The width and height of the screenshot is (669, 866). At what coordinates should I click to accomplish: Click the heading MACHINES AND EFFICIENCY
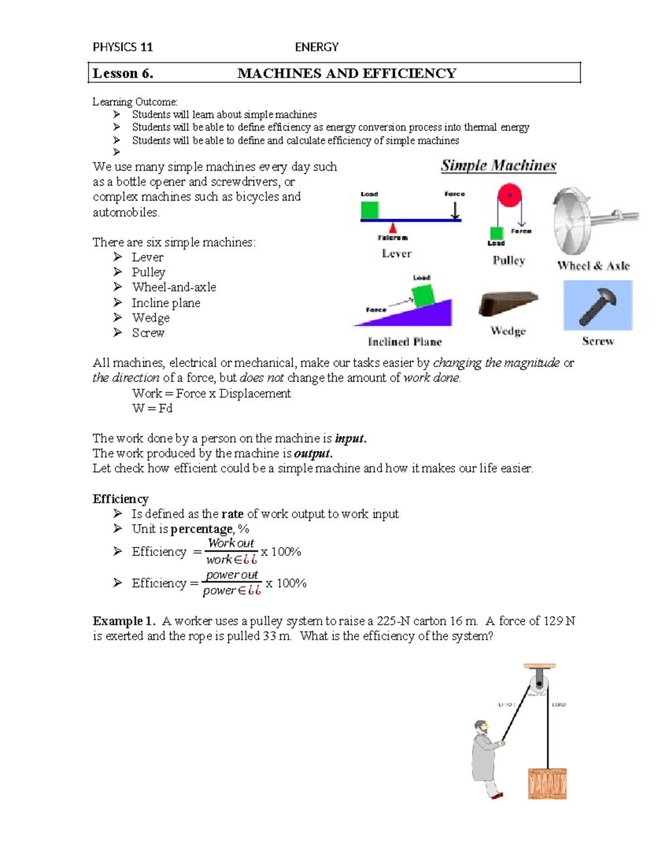tap(347, 73)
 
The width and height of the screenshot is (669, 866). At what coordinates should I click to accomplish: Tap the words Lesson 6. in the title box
tap(123, 73)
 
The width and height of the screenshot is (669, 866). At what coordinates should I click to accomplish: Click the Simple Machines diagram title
tap(498, 166)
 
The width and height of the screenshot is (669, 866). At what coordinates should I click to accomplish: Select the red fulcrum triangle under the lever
tap(393, 228)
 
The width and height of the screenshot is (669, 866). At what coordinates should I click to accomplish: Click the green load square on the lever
tap(370, 210)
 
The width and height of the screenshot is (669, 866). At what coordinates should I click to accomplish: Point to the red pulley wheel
tap(509, 196)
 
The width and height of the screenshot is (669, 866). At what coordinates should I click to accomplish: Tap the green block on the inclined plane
tap(423, 296)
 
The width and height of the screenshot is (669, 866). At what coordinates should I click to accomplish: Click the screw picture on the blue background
tap(598, 306)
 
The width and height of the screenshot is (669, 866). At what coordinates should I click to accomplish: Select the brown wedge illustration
tap(507, 303)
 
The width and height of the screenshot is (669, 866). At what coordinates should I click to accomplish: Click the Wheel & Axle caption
tap(593, 266)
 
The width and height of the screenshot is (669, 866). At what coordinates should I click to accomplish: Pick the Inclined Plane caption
tap(405, 342)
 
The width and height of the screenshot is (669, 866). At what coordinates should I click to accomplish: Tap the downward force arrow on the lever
tap(455, 210)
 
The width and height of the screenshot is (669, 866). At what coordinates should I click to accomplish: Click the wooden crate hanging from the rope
tap(547, 783)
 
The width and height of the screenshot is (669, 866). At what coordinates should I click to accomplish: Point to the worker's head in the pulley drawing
tap(481, 727)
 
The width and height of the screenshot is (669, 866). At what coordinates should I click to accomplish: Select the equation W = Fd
tap(152, 408)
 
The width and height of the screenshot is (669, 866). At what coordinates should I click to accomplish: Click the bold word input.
tap(350, 438)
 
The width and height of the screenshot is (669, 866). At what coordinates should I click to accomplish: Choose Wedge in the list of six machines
tap(151, 318)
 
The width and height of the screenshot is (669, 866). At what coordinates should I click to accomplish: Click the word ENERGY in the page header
tap(317, 47)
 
